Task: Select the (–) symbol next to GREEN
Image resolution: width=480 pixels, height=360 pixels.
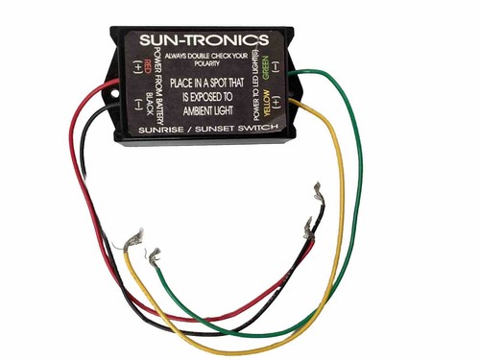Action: click(275, 68)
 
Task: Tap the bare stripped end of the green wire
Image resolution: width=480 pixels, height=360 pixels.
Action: click(153, 254)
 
